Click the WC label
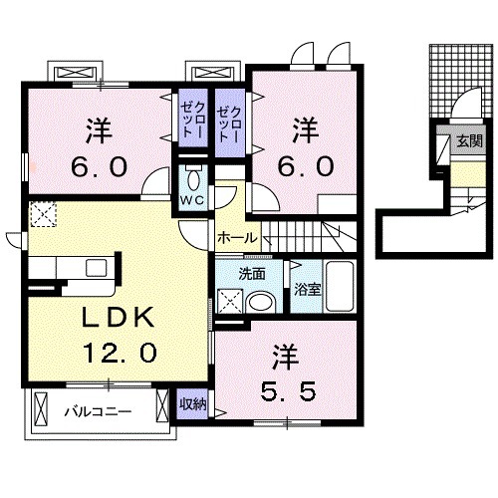tap(191, 196)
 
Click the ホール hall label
tap(238, 238)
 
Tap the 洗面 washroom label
tap(251, 272)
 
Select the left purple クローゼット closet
tap(190, 123)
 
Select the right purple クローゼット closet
tap(229, 123)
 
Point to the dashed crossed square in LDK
tap(42, 213)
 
